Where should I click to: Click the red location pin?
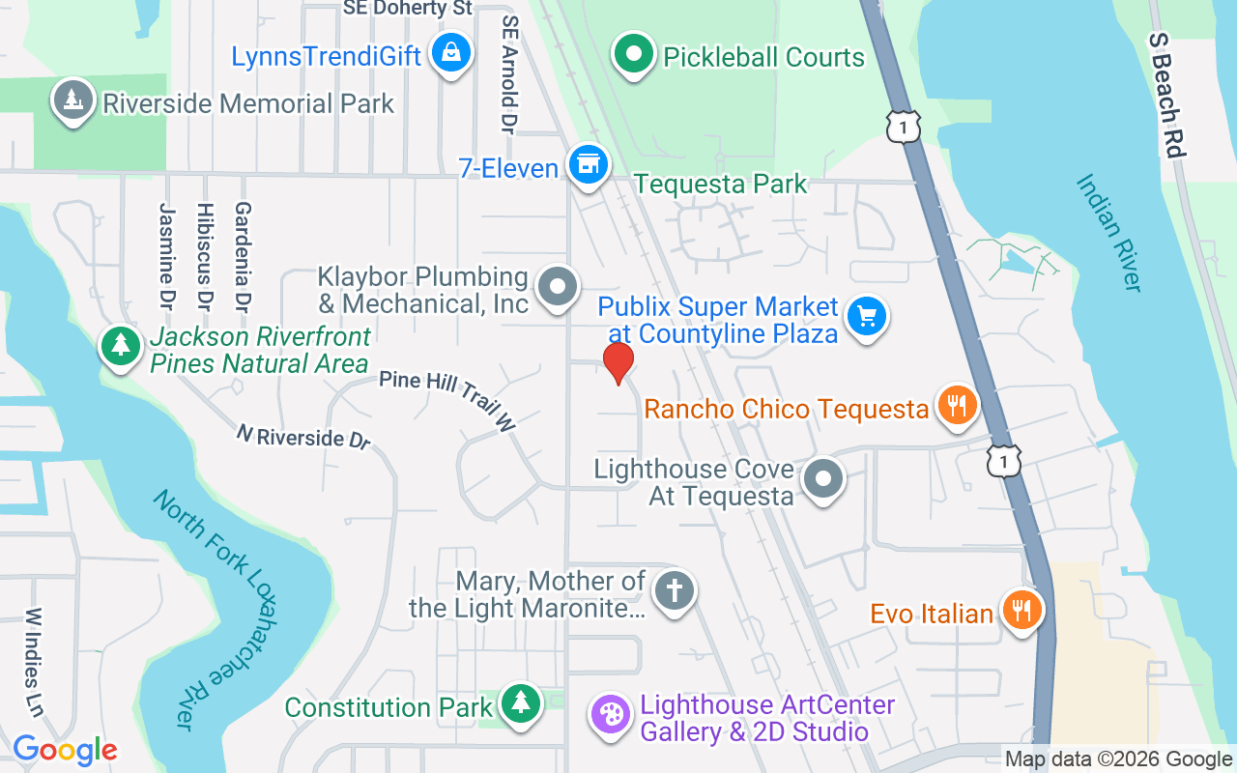pyautogui.click(x=618, y=361)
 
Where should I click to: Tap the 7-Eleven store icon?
pyautogui.click(x=586, y=165)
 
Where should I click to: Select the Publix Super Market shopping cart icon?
pyautogui.click(x=866, y=316)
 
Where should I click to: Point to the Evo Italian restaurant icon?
pyautogui.click(x=1020, y=610)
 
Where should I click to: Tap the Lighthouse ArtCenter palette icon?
pyautogui.click(x=610, y=715)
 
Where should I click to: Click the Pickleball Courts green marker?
pyautogui.click(x=633, y=53)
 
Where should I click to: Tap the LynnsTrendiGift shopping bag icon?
pyautogui.click(x=450, y=52)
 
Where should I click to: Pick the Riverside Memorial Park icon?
pyautogui.click(x=72, y=100)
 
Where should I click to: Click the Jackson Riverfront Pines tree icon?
pyautogui.click(x=121, y=344)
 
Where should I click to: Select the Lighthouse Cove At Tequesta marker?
pyautogui.click(x=823, y=477)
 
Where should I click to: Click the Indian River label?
pyautogui.click(x=1109, y=232)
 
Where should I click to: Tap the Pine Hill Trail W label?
pyautogui.click(x=447, y=399)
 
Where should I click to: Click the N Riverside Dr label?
pyautogui.click(x=303, y=437)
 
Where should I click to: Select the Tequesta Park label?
pyautogui.click(x=720, y=184)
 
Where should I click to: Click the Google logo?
pyautogui.click(x=65, y=750)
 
